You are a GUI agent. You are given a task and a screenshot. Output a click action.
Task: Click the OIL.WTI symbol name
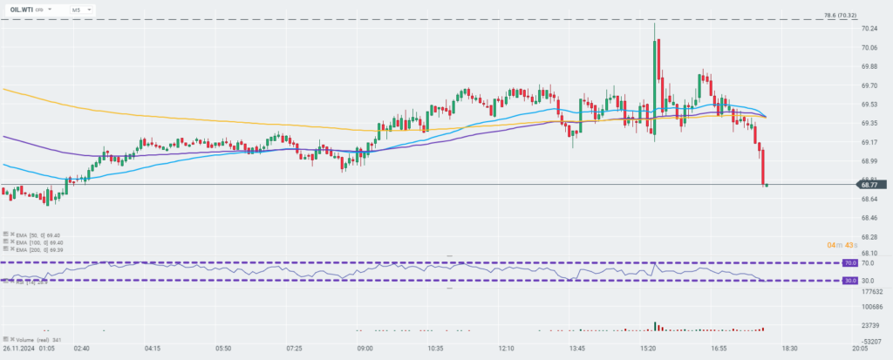pyautogui.click(x=22, y=9)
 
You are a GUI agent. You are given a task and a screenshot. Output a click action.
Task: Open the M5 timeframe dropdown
pyautogui.click(x=77, y=9)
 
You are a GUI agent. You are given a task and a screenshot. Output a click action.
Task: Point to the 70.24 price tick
pyautogui.click(x=869, y=29)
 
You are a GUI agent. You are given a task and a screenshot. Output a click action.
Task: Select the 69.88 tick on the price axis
pyautogui.click(x=869, y=67)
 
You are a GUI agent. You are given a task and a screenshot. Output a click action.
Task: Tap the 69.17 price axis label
pyautogui.click(x=869, y=142)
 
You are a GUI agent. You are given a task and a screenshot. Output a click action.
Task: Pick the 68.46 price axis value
pyautogui.click(x=869, y=217)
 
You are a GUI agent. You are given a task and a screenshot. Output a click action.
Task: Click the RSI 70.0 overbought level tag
pyautogui.click(x=849, y=262)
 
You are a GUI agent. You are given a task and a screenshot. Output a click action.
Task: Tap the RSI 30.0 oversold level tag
pyautogui.click(x=849, y=281)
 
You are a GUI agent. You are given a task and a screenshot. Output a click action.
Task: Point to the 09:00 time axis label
pyautogui.click(x=365, y=348)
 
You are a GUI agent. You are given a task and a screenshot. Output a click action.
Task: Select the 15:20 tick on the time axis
pyautogui.click(x=648, y=348)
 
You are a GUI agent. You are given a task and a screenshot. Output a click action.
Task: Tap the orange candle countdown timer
pyautogui.click(x=842, y=245)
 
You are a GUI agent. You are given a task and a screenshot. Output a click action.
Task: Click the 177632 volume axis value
pyautogui.click(x=874, y=293)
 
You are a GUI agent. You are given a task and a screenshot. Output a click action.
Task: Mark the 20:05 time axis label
pyautogui.click(x=861, y=348)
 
